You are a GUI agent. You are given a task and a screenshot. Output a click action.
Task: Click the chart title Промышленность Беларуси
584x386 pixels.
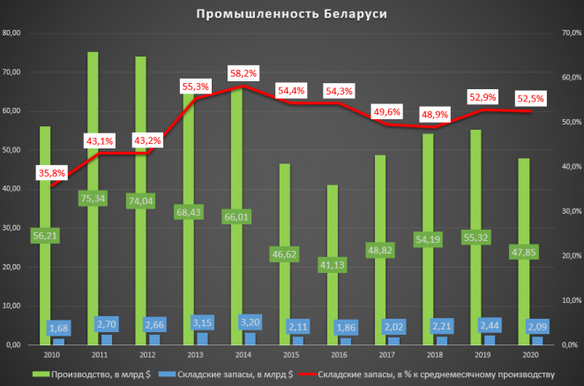pos(292,15)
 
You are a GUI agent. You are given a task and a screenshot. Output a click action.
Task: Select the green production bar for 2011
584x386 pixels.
pos(93,132)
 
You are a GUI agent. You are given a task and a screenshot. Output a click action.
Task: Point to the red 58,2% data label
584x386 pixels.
pos(243,73)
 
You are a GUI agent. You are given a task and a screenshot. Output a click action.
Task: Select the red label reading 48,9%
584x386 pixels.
pos(436,114)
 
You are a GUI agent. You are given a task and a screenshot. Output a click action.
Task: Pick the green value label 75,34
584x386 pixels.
pos(93,198)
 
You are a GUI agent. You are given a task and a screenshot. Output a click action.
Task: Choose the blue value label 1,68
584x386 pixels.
pos(58,329)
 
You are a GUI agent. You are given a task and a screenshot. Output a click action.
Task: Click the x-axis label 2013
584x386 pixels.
pos(196,353)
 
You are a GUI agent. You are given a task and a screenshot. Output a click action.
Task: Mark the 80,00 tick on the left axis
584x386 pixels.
pos(12,34)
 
